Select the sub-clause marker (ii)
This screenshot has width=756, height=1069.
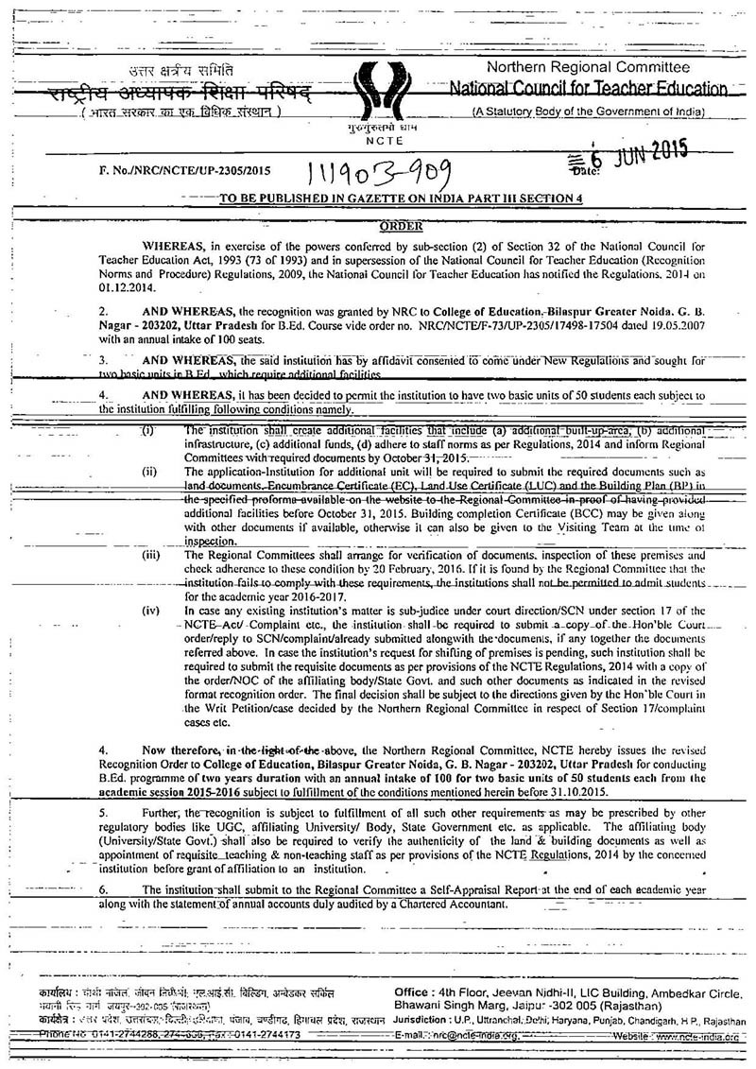(x=149, y=470)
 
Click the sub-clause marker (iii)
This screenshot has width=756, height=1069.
(x=151, y=556)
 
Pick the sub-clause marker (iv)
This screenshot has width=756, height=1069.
(x=151, y=612)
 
